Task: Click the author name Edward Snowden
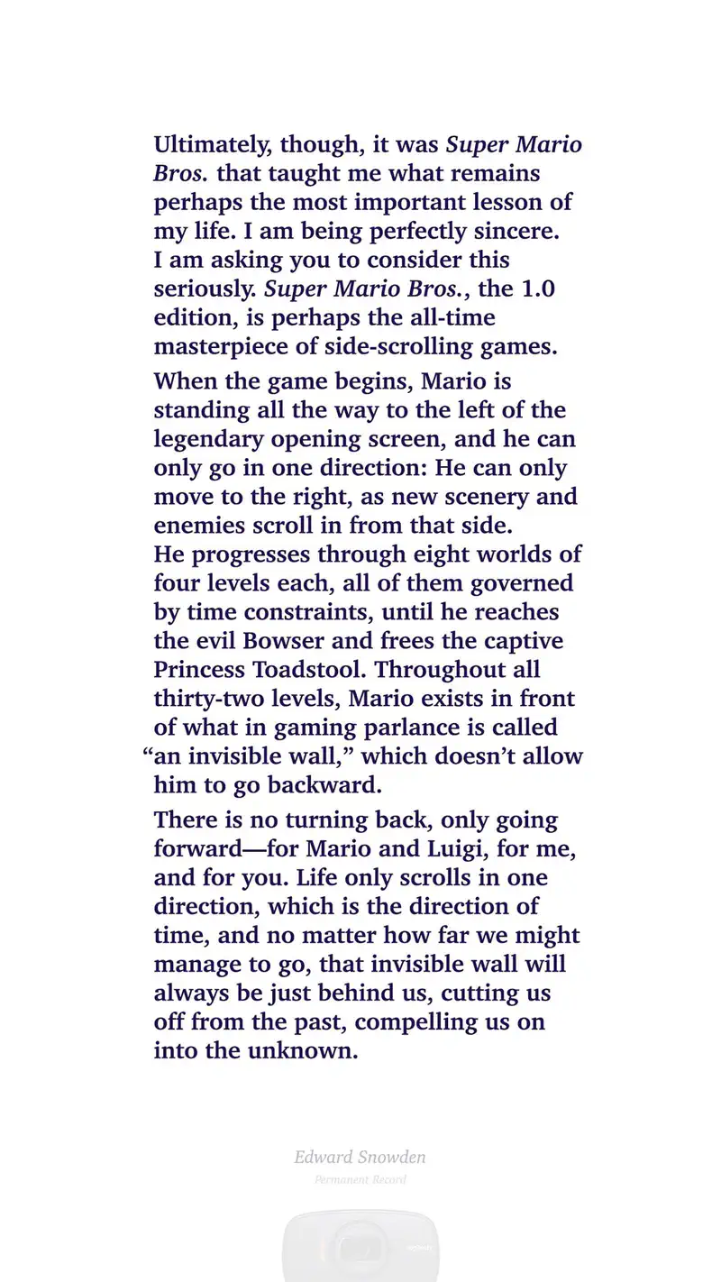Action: (x=360, y=1158)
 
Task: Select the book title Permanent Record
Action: (x=360, y=1179)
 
